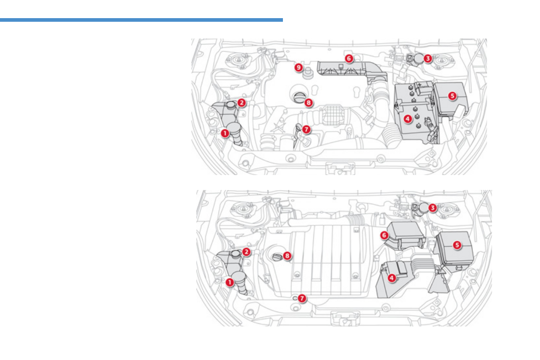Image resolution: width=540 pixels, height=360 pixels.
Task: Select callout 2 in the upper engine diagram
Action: pos(242,103)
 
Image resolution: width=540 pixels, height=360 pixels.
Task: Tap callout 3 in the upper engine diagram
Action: pos(428,58)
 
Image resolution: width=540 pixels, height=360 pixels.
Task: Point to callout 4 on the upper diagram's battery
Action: pos(408,118)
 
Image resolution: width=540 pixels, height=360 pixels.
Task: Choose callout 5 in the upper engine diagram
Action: pos(452,96)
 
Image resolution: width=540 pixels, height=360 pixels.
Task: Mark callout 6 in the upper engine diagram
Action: pos(348,58)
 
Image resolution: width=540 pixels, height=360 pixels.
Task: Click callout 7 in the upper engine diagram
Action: pos(306,129)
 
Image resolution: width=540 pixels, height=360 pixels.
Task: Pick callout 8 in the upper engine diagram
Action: pos(308,102)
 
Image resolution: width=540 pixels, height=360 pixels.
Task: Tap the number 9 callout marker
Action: pos(298,67)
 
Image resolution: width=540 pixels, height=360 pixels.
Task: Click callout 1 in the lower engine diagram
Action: pos(230,282)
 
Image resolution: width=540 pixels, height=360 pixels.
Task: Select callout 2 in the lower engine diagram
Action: pos(246,251)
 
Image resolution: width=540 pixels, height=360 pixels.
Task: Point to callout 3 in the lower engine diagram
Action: pos(433,208)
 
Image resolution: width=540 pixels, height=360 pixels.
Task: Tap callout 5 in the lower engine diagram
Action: pos(457,244)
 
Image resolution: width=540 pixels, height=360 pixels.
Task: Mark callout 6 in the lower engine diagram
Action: pos(384,235)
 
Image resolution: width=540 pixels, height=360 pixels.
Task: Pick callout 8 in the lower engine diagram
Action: pos(287,256)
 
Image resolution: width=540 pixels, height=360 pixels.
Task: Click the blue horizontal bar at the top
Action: pos(141,20)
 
